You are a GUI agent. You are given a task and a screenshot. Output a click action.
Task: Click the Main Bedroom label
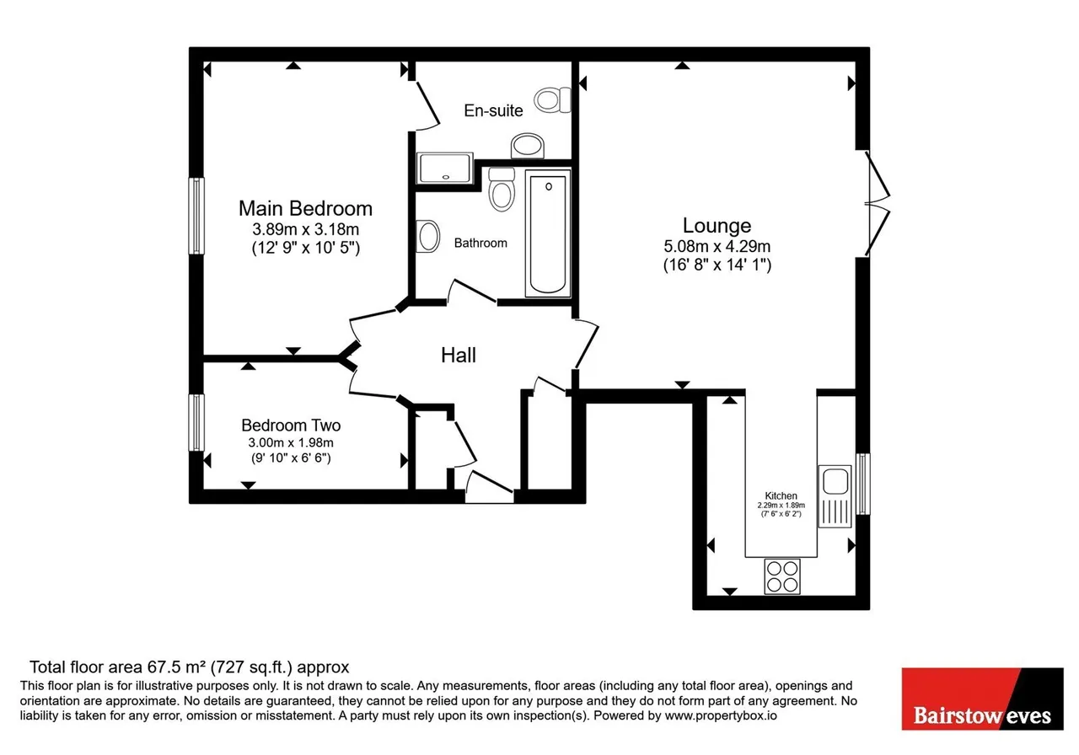click(x=305, y=208)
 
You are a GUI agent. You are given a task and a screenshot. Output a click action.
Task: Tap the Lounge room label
click(x=717, y=225)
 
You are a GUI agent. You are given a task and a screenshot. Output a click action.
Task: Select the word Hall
click(x=458, y=356)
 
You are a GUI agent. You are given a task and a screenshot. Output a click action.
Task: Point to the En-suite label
click(x=493, y=110)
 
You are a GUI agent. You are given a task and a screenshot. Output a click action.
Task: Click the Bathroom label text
click(x=480, y=243)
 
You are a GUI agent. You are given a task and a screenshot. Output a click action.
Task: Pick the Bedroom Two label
click(x=291, y=426)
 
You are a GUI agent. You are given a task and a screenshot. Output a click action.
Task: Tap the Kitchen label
click(x=781, y=495)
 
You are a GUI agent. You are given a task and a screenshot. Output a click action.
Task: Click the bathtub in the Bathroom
click(x=548, y=233)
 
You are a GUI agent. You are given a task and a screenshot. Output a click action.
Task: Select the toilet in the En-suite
click(x=552, y=100)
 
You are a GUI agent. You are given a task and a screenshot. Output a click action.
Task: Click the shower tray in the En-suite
click(x=444, y=168)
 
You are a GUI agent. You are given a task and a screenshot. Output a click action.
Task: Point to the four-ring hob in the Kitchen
click(x=781, y=576)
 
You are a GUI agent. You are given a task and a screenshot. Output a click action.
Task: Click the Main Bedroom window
click(x=196, y=216)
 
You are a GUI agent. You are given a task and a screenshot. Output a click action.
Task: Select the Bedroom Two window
click(x=196, y=422)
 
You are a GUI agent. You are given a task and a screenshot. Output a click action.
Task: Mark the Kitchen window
click(x=862, y=484)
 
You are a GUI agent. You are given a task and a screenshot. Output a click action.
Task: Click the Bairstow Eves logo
click(x=982, y=699)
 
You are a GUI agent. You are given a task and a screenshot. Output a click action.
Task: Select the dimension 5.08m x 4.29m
click(x=717, y=247)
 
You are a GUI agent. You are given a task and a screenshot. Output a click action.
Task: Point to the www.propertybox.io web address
click(x=721, y=715)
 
